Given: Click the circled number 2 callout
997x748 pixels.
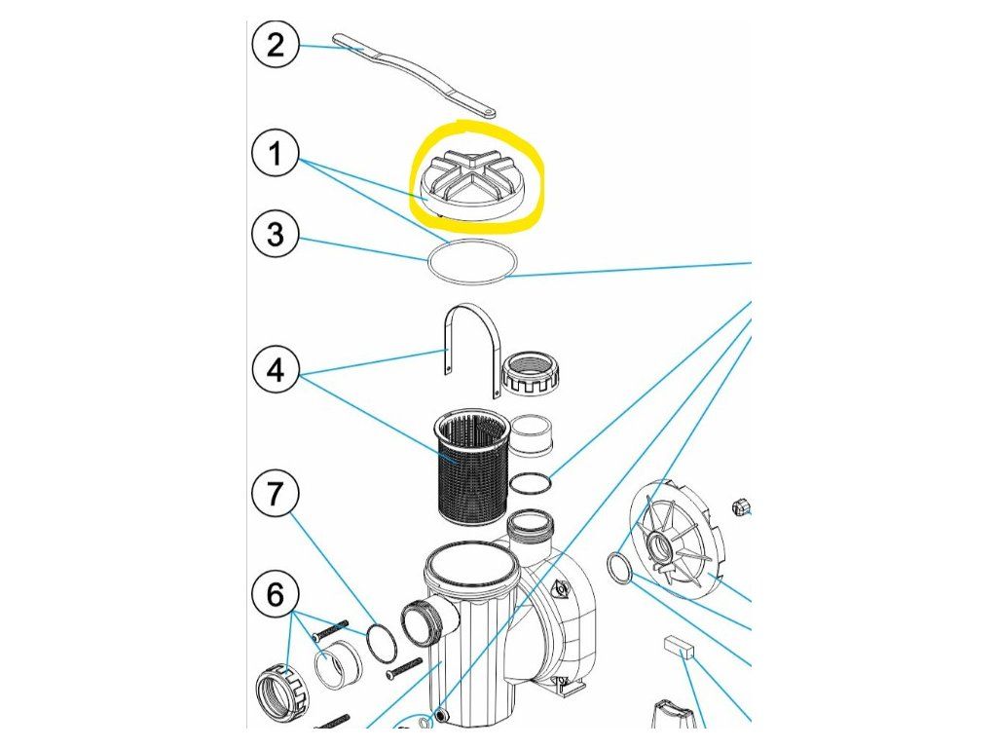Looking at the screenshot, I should tap(276, 45).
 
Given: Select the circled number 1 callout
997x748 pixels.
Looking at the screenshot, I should tap(276, 156).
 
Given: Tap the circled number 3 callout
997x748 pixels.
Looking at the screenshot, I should tap(276, 237).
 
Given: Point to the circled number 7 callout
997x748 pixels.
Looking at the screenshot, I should tap(276, 494).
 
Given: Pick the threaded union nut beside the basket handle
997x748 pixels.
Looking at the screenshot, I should tap(530, 372).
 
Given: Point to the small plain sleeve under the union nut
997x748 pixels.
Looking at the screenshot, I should tap(531, 436).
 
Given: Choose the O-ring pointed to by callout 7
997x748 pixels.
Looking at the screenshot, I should tap(383, 641).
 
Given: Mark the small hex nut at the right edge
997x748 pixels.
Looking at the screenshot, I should tap(740, 505).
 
